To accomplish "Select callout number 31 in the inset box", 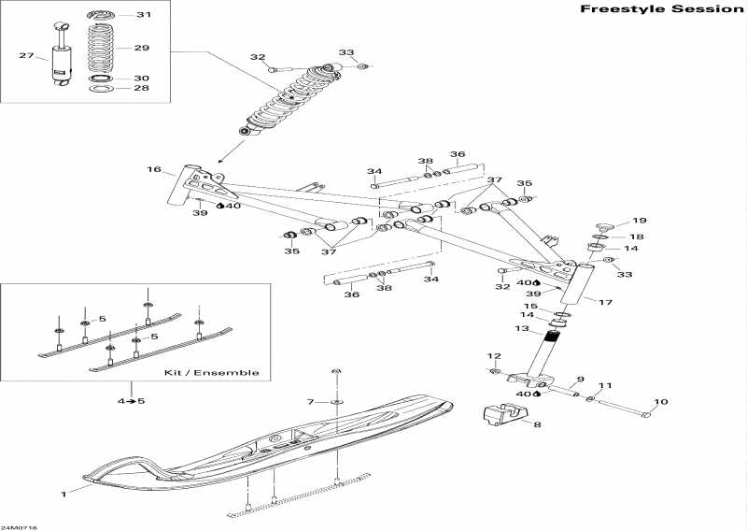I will point(142,15).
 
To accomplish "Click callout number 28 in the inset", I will point(142,89).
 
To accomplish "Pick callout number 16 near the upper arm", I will point(154,170).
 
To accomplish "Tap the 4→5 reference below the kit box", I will point(131,401).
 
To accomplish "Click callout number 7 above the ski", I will point(311,402).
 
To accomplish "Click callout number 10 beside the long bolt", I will point(660,402).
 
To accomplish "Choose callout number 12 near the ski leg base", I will point(494,356).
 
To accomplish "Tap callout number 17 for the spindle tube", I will point(605,302).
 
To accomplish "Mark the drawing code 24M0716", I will point(20,526).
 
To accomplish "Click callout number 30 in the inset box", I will point(142,79).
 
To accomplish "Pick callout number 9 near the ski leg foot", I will point(579,379).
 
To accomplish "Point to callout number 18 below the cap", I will point(637,237).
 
